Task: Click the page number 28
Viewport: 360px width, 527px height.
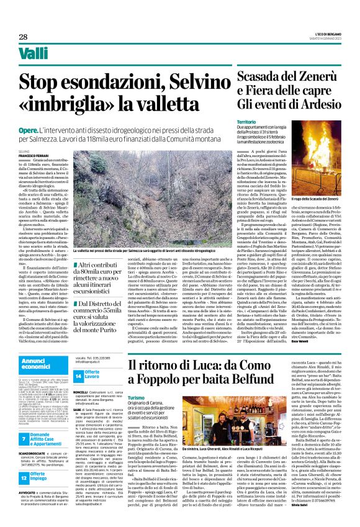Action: tap(23, 37)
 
